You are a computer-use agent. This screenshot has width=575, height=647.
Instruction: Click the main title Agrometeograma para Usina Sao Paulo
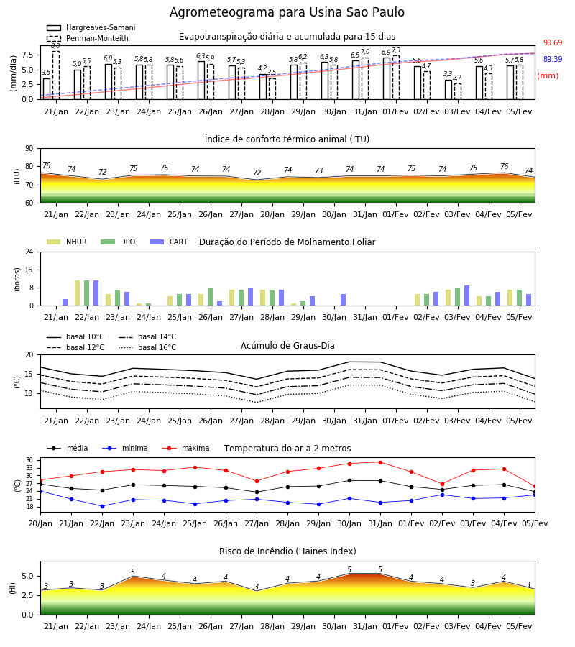click(x=287, y=12)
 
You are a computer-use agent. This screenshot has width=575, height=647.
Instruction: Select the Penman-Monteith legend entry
click(x=88, y=38)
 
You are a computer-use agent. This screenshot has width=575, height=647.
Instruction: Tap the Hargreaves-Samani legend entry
click(x=91, y=27)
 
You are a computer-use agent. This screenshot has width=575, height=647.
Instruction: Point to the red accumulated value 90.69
click(x=553, y=42)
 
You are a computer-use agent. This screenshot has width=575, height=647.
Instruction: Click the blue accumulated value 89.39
click(x=553, y=59)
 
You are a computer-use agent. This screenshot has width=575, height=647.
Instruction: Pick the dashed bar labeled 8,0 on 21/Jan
click(x=56, y=75)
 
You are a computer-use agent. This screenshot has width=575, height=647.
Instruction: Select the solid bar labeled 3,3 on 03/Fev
click(x=448, y=90)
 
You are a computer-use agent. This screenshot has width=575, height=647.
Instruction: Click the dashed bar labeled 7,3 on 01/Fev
click(x=396, y=78)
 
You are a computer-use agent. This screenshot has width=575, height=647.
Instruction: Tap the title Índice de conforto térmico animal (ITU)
click(x=287, y=139)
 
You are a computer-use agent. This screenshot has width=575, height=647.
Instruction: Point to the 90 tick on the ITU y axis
click(x=29, y=149)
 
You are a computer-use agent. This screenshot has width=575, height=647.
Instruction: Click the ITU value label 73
click(x=318, y=170)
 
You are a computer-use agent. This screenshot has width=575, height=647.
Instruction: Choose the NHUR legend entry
click(x=67, y=242)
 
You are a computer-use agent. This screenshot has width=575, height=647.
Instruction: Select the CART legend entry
click(x=169, y=242)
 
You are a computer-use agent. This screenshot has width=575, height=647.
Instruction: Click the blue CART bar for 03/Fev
click(x=467, y=295)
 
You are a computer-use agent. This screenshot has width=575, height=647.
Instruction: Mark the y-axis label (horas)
click(x=17, y=280)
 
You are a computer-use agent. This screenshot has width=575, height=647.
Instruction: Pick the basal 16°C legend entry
click(x=147, y=347)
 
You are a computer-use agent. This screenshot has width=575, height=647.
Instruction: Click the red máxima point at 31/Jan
click(x=380, y=462)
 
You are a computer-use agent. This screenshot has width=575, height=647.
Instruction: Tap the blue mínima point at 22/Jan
click(x=102, y=506)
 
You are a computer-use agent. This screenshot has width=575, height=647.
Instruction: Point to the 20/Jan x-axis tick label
click(x=40, y=523)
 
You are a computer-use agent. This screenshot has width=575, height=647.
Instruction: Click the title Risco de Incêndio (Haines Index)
click(x=287, y=551)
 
